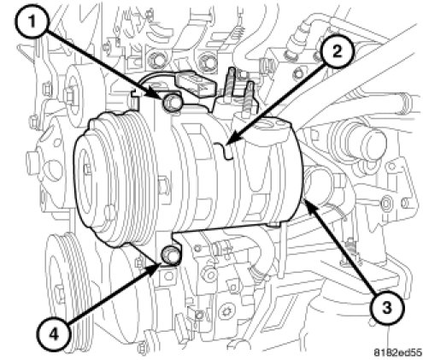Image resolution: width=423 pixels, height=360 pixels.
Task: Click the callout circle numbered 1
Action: pos(32,21)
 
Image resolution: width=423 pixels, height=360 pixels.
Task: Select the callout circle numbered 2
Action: pos(337,51)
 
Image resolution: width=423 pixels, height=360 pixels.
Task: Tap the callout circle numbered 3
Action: pos(386,308)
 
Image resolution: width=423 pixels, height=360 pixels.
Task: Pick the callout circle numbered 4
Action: pos(54,334)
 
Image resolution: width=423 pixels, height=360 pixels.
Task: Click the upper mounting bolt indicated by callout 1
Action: pos(172,103)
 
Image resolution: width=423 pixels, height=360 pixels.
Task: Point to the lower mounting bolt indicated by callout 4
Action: pos(170,255)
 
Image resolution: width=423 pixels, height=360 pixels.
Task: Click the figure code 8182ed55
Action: pos(397,352)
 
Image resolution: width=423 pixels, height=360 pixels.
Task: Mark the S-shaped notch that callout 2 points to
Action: pos(225,150)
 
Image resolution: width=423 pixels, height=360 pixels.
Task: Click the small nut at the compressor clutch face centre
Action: pos(87,169)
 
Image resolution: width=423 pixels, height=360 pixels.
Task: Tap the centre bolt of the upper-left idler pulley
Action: pos(69,95)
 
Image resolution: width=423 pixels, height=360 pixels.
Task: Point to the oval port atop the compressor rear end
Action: pos(267,124)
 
